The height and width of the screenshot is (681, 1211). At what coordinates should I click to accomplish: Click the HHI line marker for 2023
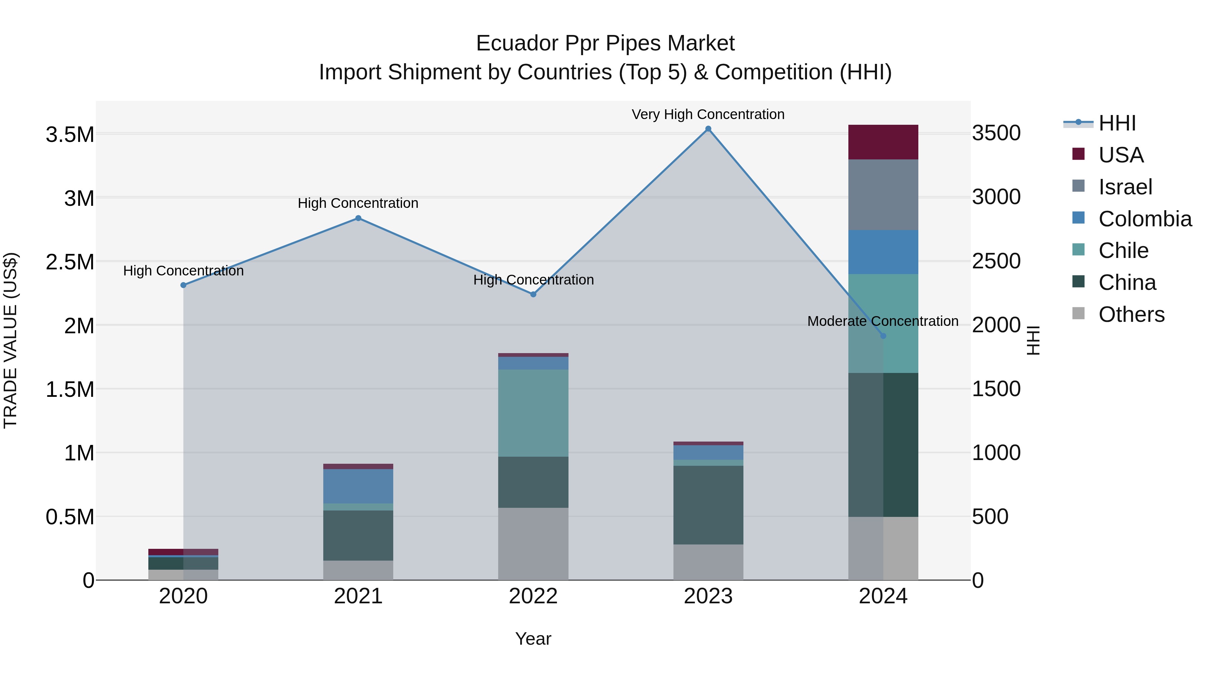tap(708, 129)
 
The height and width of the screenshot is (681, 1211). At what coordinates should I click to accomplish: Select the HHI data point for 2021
tap(358, 218)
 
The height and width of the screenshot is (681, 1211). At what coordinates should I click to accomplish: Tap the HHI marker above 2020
tap(183, 285)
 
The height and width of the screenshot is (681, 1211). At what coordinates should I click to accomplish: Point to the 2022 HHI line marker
tap(533, 294)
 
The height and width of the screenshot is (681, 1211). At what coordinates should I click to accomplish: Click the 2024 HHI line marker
tap(883, 336)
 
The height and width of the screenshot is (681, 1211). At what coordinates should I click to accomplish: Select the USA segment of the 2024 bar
tap(883, 142)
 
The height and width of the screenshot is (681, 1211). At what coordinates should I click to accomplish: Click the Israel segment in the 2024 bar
tap(883, 195)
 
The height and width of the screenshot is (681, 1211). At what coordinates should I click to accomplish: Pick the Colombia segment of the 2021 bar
tap(358, 486)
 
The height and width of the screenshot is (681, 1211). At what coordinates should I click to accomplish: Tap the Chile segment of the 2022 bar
tap(533, 413)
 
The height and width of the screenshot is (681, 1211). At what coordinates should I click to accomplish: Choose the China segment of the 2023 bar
tap(708, 505)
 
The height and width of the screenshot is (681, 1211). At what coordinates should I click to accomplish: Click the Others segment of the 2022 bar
tap(533, 543)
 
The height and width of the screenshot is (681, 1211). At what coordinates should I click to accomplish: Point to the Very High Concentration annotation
tap(708, 114)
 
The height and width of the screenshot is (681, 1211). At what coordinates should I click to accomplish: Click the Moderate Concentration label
tap(883, 321)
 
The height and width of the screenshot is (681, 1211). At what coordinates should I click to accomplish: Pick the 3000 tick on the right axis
tap(996, 197)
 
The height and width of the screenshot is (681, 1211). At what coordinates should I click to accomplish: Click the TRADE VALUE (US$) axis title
tap(10, 340)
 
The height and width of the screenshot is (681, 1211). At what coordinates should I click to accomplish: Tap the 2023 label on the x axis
tap(708, 596)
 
